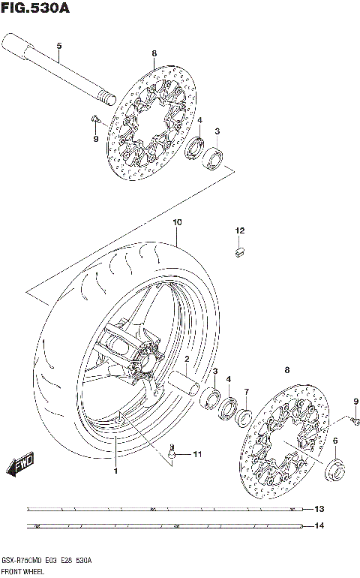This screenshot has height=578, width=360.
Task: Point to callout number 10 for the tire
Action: coord(177,223)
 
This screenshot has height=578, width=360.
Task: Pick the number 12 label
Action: coord(239,230)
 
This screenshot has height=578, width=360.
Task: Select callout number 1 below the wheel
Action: coord(116,471)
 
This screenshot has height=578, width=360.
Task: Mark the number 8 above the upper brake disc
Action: coord(153,53)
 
